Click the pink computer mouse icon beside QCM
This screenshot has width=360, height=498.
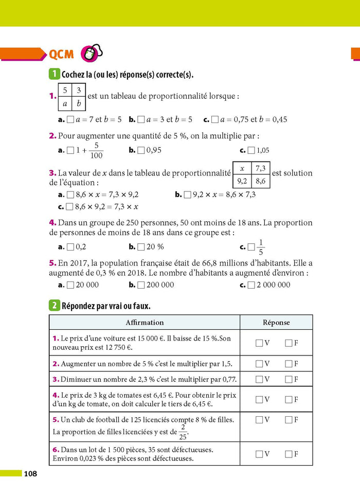pyautogui.click(x=89, y=54)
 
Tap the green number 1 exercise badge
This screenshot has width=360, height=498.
pyautogui.click(x=54, y=75)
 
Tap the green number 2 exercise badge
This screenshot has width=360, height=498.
pyautogui.click(x=54, y=306)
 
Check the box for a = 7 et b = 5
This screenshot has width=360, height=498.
pyautogui.click(x=70, y=119)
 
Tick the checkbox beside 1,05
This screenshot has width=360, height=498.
pyautogui.click(x=251, y=151)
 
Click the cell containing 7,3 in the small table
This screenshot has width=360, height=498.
pyautogui.click(x=260, y=168)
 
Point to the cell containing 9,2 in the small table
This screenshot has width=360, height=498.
pyautogui.click(x=242, y=181)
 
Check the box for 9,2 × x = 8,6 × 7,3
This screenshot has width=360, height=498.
pyautogui.click(x=187, y=194)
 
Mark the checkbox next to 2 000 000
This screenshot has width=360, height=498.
pyautogui.click(x=251, y=284)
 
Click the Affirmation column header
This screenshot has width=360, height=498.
pyautogui.click(x=145, y=323)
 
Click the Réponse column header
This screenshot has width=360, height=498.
pyautogui.click(x=276, y=323)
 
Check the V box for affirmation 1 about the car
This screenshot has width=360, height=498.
pyautogui.click(x=259, y=343)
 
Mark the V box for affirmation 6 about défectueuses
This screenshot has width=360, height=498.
pyautogui.click(x=259, y=454)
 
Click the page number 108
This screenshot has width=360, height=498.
pyautogui.click(x=29, y=473)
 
